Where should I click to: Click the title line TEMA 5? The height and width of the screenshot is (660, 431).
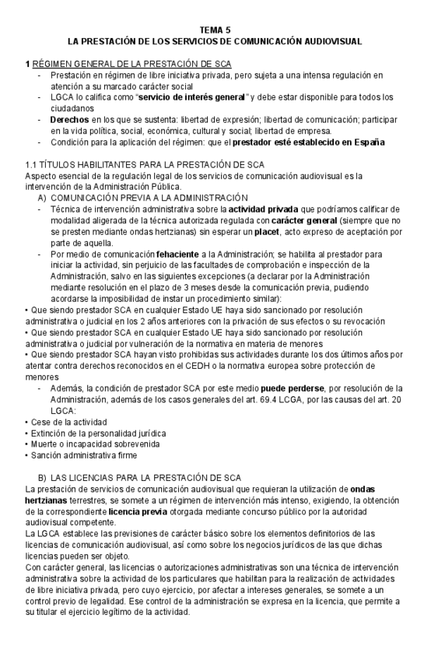(x=215, y=29)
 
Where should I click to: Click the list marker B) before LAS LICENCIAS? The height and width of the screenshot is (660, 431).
(x=42, y=477)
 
